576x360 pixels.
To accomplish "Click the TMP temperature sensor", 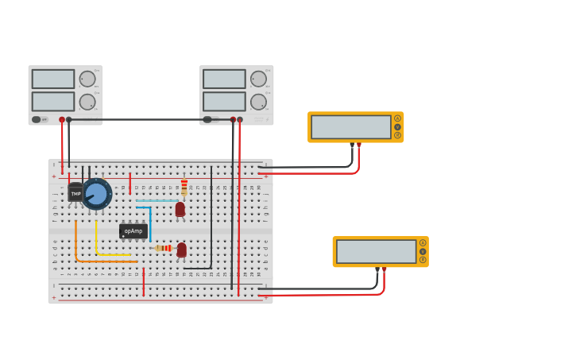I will click(x=75, y=193).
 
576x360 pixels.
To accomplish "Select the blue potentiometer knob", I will click(x=97, y=194).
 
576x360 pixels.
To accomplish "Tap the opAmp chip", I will click(x=133, y=231).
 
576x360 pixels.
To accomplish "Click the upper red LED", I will click(x=180, y=209).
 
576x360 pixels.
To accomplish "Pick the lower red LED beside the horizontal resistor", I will click(x=182, y=250).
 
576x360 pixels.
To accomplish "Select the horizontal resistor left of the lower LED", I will click(x=164, y=248).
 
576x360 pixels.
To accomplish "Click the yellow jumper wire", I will click(x=96, y=242).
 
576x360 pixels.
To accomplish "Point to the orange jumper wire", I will click(x=76, y=246).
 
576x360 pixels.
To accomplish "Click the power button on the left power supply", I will click(x=36, y=119).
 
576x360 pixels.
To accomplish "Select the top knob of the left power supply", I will click(x=87, y=79).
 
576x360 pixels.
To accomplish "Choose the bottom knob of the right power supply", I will click(x=258, y=102).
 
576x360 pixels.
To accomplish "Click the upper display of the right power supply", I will click(x=224, y=79).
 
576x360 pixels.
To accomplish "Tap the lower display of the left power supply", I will click(x=53, y=102).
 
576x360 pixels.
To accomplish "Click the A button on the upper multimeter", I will click(x=397, y=118).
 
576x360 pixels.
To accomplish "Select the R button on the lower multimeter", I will click(x=423, y=260).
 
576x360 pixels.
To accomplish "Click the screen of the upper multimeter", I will click(x=350, y=127).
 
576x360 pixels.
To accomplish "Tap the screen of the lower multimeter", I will click(x=376, y=252).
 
